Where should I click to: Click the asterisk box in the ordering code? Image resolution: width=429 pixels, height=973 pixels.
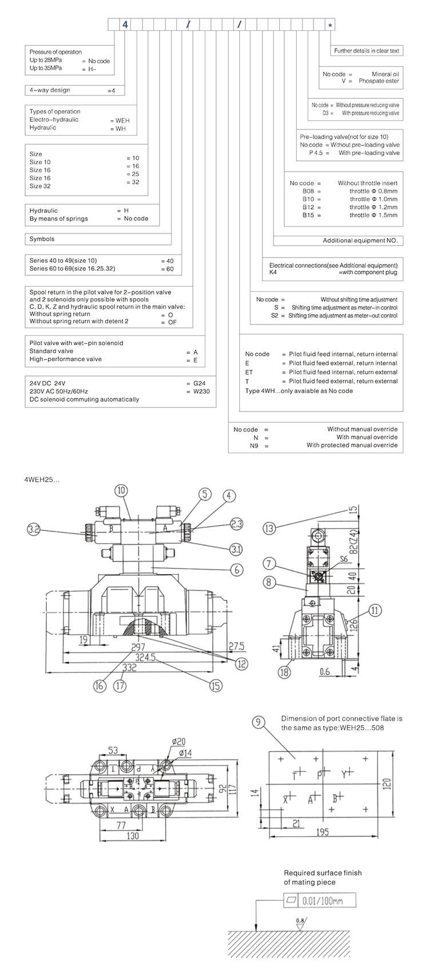[x=329, y=25]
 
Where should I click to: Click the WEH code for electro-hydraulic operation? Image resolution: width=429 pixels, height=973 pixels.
[x=122, y=121]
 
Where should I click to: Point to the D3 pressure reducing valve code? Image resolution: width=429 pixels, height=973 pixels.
[x=327, y=113]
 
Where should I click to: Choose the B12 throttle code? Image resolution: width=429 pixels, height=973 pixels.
[x=308, y=207]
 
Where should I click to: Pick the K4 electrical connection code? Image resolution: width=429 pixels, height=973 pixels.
[x=273, y=274]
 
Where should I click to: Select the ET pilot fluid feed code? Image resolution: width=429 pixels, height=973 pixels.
[x=249, y=372]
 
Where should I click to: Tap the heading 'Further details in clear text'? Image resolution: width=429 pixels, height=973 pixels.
[x=367, y=51]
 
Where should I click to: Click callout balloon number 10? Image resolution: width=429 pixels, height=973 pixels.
[x=121, y=491]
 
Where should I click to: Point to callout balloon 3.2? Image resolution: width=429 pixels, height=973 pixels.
[x=35, y=530]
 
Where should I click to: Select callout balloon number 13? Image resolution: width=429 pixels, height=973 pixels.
[x=269, y=528]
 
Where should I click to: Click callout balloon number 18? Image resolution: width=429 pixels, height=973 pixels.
[x=284, y=672]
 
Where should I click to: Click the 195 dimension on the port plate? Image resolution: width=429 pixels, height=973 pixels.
[x=323, y=832]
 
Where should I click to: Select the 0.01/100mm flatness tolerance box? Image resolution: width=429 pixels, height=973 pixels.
[x=320, y=901]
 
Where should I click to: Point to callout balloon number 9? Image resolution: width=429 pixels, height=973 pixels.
[x=259, y=723]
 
